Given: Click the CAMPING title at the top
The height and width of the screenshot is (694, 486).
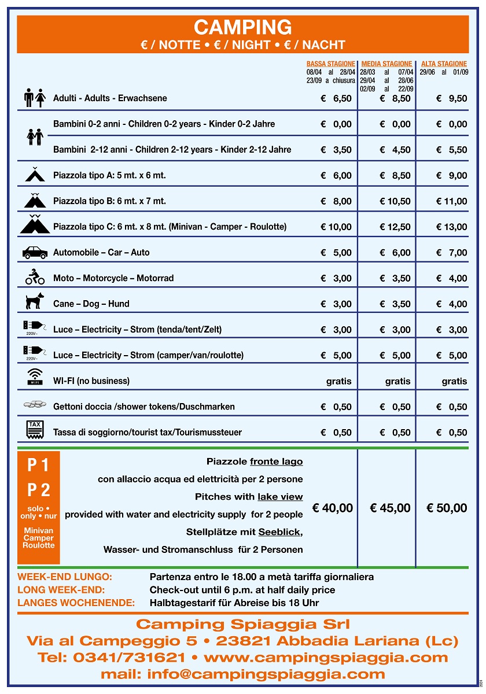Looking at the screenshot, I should point(242,27).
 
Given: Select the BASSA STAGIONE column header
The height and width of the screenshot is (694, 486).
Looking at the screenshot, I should point(330,64).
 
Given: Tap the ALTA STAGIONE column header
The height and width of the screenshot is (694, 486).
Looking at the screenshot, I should point(444,64).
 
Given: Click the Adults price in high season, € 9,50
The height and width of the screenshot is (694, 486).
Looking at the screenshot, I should point(452,98).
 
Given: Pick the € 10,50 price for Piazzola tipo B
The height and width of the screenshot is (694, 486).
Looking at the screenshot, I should point(395,201).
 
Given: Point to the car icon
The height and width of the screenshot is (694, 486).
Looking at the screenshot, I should point(35,252).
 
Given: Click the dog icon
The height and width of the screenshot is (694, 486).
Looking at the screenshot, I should point(35,301).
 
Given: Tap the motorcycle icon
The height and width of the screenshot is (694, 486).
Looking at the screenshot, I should point(35,277).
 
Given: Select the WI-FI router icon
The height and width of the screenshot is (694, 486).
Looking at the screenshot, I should point(35,378).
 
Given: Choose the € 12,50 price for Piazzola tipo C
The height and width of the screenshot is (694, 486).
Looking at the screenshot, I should point(395,227).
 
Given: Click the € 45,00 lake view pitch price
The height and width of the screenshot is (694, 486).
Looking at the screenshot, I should point(390,508).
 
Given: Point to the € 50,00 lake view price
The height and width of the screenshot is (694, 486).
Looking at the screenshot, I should point(447,508).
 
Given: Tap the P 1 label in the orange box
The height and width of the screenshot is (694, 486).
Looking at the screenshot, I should point(39,465).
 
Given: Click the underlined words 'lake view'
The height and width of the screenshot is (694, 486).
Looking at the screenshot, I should point(280,497).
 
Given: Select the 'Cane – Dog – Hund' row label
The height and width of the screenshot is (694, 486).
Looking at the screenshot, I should point(91,304).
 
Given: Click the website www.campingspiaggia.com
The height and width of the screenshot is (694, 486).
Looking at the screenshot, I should point(326,658).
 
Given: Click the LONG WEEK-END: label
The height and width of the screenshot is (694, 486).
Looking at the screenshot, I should point(61,590).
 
